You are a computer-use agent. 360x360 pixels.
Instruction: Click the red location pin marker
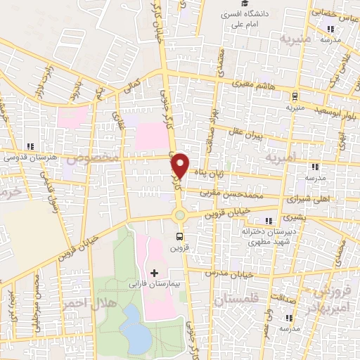pyautogui.click(x=180, y=165)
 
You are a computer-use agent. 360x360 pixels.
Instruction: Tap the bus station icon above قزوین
pyautogui.click(x=180, y=237)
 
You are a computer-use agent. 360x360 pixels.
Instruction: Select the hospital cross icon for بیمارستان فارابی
pyautogui.click(x=155, y=272)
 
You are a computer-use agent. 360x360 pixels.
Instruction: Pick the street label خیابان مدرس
pyautogui.click(x=229, y=273)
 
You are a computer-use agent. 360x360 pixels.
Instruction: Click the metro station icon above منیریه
pyautogui.click(x=294, y=96)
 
